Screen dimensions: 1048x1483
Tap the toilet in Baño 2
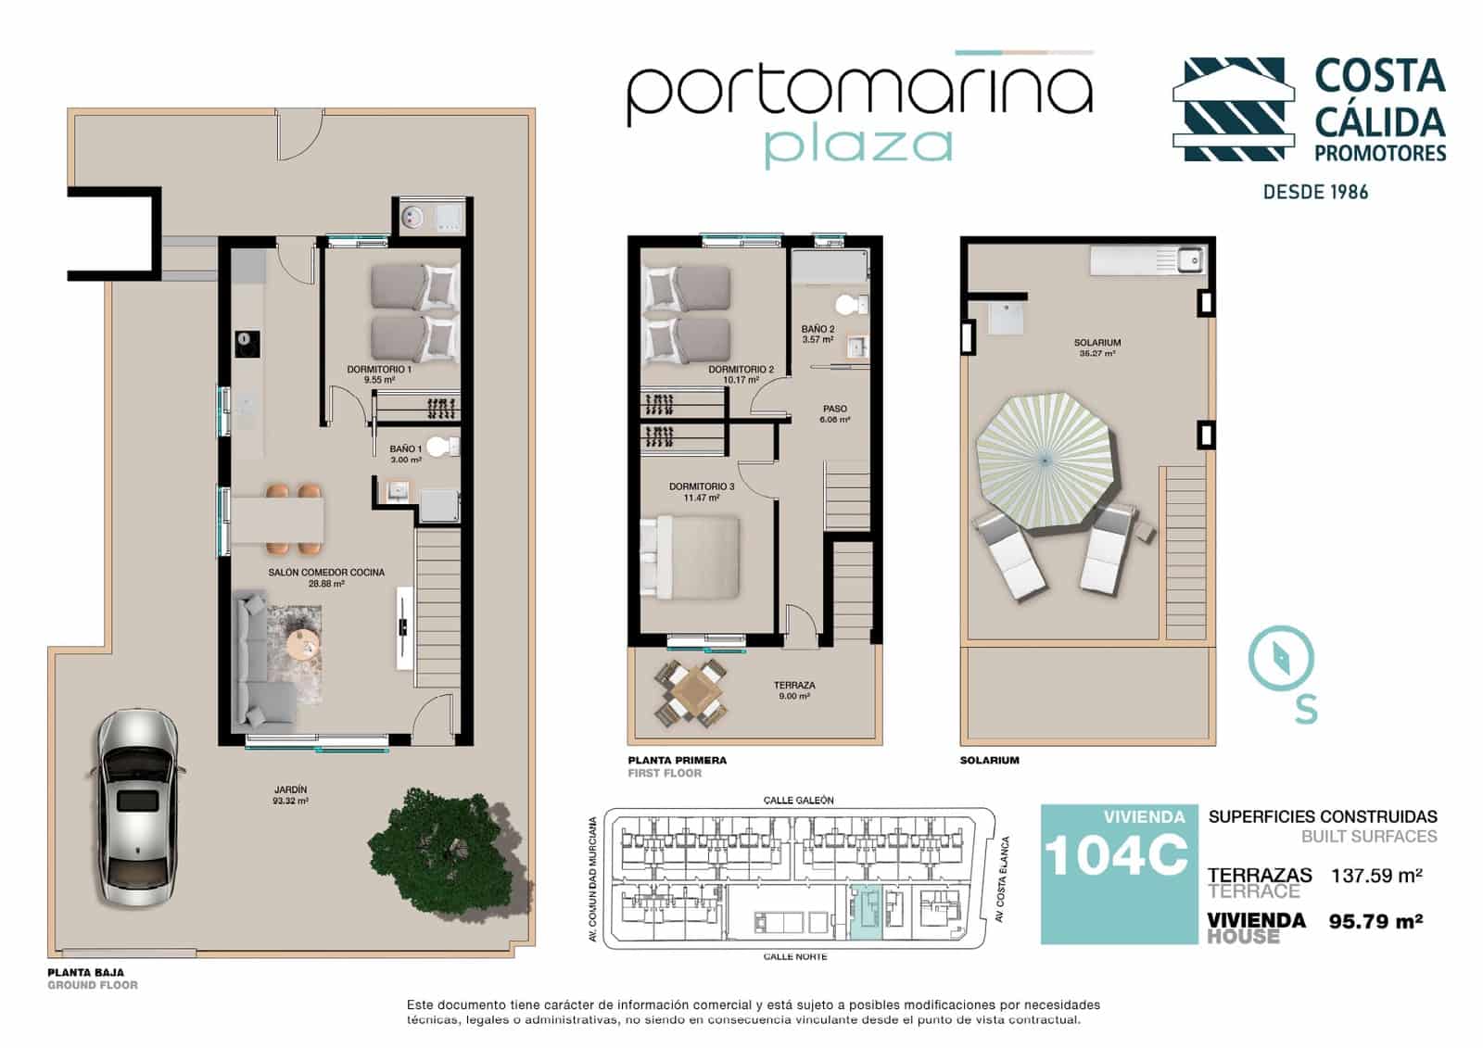[846, 304]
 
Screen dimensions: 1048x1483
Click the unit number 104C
[1117, 854]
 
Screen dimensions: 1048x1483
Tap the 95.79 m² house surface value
[1376, 921]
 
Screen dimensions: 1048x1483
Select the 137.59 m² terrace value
[1376, 875]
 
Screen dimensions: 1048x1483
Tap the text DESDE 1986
[1315, 192]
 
